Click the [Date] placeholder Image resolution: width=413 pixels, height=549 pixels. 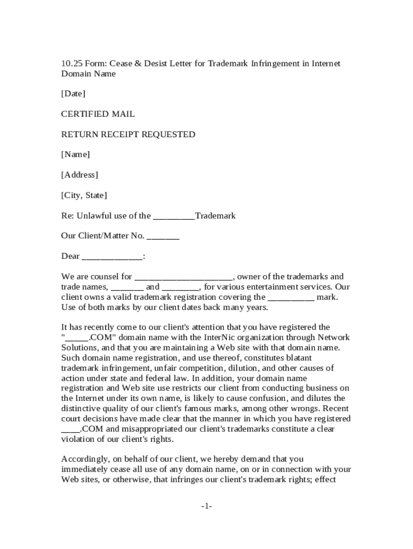click(x=73, y=94)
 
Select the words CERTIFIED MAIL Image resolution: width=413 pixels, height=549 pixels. click(x=98, y=114)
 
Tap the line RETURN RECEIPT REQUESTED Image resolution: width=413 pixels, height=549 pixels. click(x=128, y=135)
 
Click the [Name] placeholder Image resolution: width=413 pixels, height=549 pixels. click(x=75, y=155)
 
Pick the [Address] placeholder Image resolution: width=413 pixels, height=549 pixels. click(x=79, y=175)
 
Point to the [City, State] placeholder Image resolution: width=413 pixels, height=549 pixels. click(x=84, y=196)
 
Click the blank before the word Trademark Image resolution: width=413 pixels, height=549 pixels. click(x=174, y=217)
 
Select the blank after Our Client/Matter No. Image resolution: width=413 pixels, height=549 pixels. click(x=163, y=236)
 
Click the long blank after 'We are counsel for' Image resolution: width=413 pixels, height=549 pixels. click(x=183, y=277)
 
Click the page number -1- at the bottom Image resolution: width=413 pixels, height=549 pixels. click(x=206, y=506)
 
